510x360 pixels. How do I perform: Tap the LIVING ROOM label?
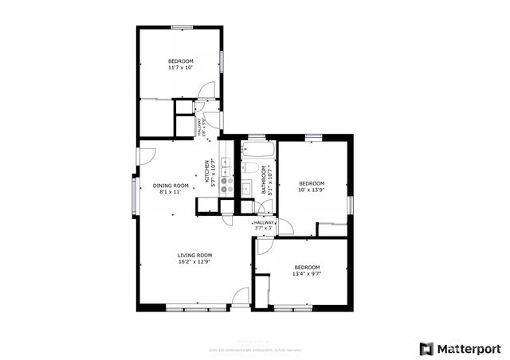click(x=194, y=256)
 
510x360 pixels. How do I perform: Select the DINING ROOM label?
click(x=170, y=186)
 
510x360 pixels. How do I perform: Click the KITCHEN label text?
click(x=207, y=171)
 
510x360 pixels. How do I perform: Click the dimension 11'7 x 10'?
click(x=180, y=68)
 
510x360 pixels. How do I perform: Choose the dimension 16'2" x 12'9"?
click(x=194, y=262)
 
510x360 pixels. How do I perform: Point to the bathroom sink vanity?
click(x=247, y=188)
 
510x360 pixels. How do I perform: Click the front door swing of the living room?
click(x=240, y=298)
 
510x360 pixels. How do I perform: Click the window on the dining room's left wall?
click(x=134, y=194)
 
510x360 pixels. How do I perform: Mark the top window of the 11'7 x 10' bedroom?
click(x=182, y=28)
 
